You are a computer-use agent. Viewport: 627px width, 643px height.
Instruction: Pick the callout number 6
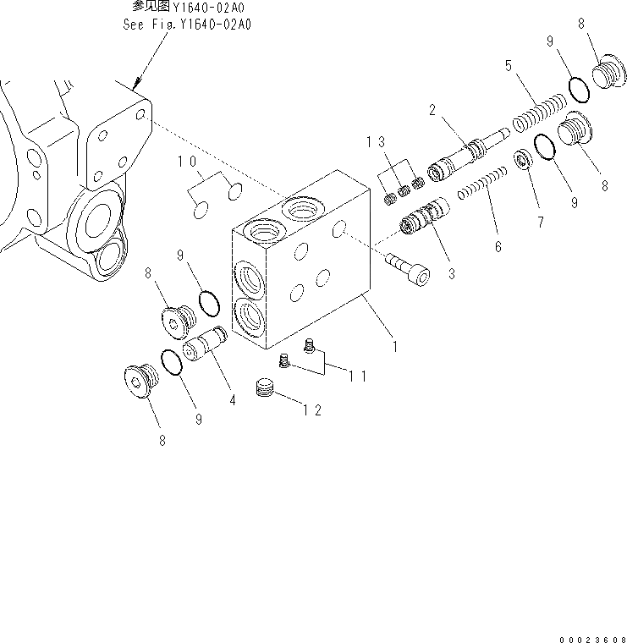coord(498,247)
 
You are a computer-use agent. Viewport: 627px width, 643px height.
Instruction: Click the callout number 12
coord(311,410)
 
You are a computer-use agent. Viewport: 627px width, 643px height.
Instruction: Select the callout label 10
coord(186,161)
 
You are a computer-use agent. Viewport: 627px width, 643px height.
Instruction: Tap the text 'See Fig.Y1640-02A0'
coord(186,23)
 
